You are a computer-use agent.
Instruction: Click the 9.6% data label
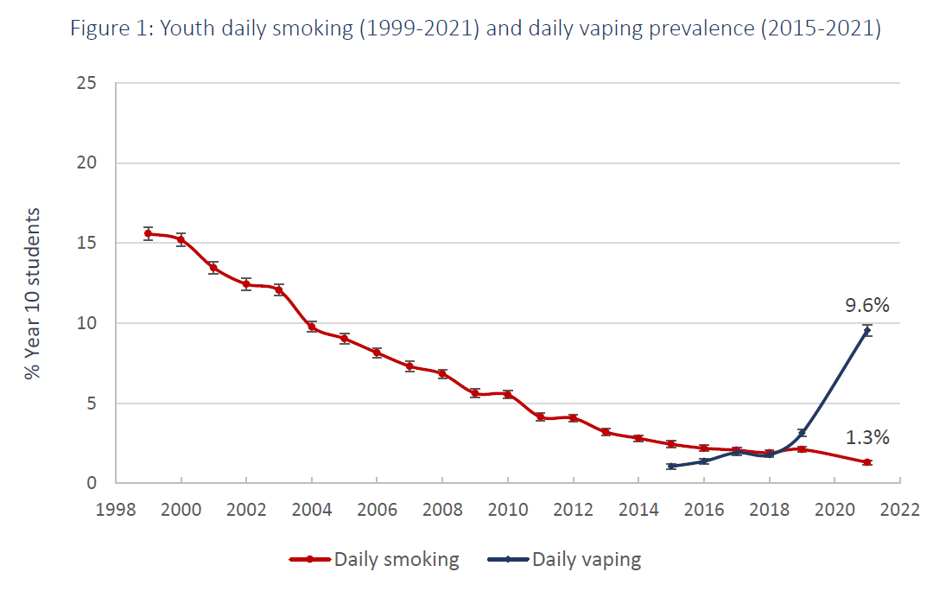tap(866, 305)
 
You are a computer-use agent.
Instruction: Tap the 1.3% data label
tap(866, 437)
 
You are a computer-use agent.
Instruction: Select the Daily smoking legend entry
tap(397, 559)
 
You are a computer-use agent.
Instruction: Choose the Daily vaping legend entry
tap(586, 559)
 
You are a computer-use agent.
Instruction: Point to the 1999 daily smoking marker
tap(149, 233)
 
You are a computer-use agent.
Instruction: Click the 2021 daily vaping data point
tap(866, 330)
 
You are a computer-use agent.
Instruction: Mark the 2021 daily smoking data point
tap(866, 462)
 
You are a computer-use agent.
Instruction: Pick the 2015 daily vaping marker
tap(670, 466)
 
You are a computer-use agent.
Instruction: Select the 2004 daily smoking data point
tap(312, 327)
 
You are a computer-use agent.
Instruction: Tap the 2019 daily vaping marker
tap(802, 433)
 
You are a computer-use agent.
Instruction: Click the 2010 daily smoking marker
tap(508, 394)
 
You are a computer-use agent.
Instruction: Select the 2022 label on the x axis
tap(899, 509)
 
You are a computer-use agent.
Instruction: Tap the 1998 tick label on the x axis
tap(116, 509)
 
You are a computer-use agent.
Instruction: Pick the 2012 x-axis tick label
tap(573, 509)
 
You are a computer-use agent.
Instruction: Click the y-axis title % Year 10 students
tap(32, 294)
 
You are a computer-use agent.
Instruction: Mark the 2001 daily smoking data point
tap(213, 268)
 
